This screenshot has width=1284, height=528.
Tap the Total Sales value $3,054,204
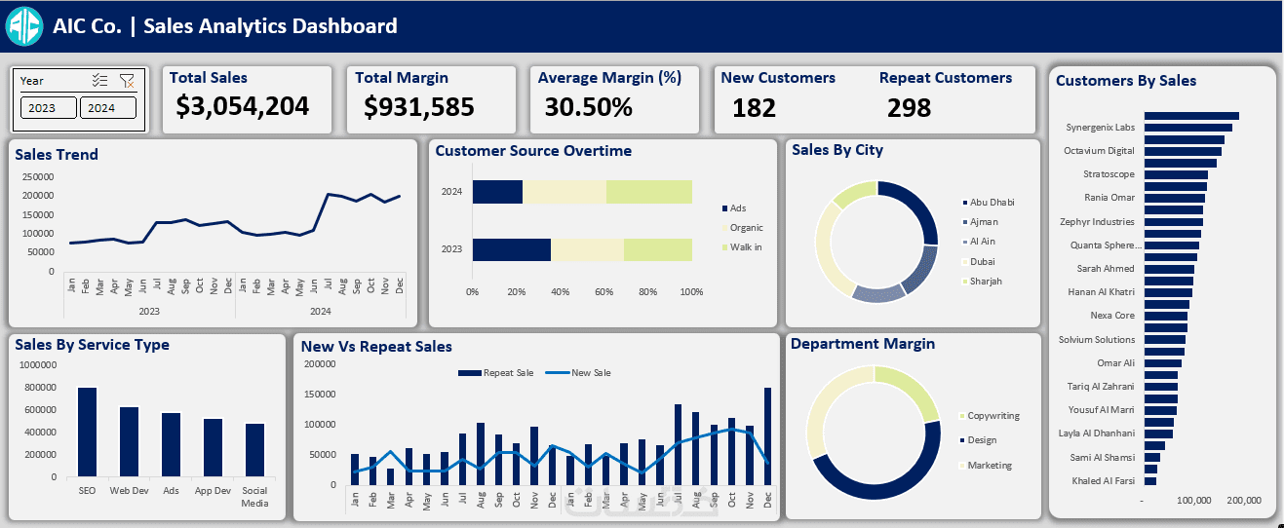[242, 106]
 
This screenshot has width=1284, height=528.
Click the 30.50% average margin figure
[588, 106]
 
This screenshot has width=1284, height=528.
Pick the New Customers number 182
[754, 107]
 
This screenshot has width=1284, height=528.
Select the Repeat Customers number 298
[909, 107]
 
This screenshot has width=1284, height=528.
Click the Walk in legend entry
[745, 247]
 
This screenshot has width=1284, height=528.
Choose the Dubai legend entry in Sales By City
[983, 261]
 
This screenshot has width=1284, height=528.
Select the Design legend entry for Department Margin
[982, 440]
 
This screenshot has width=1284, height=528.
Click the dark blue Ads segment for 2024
[497, 192]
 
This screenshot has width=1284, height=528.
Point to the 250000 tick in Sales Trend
[38, 176]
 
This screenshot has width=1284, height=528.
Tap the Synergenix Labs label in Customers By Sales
[1100, 127]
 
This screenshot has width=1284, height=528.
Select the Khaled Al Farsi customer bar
[1150, 480]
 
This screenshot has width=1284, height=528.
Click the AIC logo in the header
[24, 25]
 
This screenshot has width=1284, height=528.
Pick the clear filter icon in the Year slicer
[127, 81]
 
